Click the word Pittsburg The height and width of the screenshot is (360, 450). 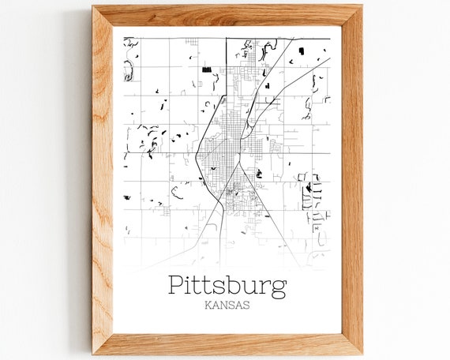[x=227, y=285]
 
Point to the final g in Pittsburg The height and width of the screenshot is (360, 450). [x=278, y=288]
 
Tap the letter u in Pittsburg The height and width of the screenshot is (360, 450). [x=251, y=287]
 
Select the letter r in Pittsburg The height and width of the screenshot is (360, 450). [x=264, y=287]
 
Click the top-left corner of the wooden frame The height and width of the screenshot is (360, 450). [x=93, y=7]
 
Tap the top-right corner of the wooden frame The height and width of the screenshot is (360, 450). [x=361, y=7]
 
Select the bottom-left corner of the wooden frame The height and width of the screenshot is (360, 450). [x=93, y=352]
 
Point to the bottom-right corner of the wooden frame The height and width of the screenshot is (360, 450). [x=361, y=352]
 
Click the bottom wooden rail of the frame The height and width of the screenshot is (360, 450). [x=227, y=343]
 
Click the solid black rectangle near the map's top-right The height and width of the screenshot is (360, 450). [x=302, y=51]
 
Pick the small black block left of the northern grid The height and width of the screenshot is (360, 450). [x=207, y=69]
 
